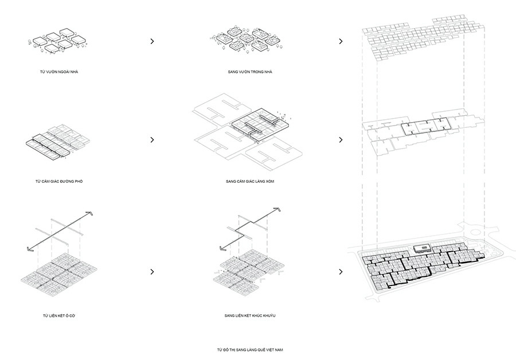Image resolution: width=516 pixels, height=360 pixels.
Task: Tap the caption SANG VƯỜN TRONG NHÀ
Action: tap(247, 73)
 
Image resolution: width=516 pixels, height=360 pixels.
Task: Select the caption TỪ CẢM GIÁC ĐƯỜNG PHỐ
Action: tap(60, 181)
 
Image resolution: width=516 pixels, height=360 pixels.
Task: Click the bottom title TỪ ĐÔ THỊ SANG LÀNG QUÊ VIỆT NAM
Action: tap(251, 349)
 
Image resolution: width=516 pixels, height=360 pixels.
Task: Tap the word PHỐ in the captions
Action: tap(81, 181)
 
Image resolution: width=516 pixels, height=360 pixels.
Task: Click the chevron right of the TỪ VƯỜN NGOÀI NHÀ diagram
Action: tap(152, 41)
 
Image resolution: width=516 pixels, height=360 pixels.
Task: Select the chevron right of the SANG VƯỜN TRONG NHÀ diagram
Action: tap(341, 41)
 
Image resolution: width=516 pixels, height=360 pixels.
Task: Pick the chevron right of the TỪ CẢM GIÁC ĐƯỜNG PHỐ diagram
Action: tap(152, 139)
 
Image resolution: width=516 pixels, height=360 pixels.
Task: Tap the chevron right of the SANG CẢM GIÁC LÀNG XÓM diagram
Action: tap(341, 139)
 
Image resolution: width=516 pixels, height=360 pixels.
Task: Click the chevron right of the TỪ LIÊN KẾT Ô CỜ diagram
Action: tap(152, 272)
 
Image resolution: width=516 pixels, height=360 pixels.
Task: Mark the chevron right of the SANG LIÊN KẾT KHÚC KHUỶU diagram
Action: tap(341, 272)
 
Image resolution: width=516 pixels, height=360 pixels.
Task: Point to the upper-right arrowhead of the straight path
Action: tap(89, 213)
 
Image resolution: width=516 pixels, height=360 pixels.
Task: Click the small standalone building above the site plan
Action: tap(421, 248)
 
